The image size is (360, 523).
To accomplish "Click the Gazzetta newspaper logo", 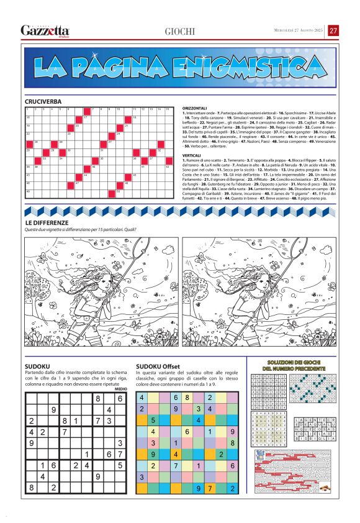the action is coord(45,30).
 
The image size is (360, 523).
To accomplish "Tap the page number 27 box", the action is coord(333,30).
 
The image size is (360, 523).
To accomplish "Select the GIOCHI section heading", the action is coord(180,31).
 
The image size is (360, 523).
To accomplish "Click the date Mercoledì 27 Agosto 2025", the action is coord(299,30).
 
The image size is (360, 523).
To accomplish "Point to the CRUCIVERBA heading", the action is coord(43,101).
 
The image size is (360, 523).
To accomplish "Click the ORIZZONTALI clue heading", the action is coord(194,108).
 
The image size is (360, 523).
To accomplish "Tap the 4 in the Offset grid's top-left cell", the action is coord(142,397).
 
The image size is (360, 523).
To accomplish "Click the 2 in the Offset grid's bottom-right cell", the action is coord(232,488).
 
